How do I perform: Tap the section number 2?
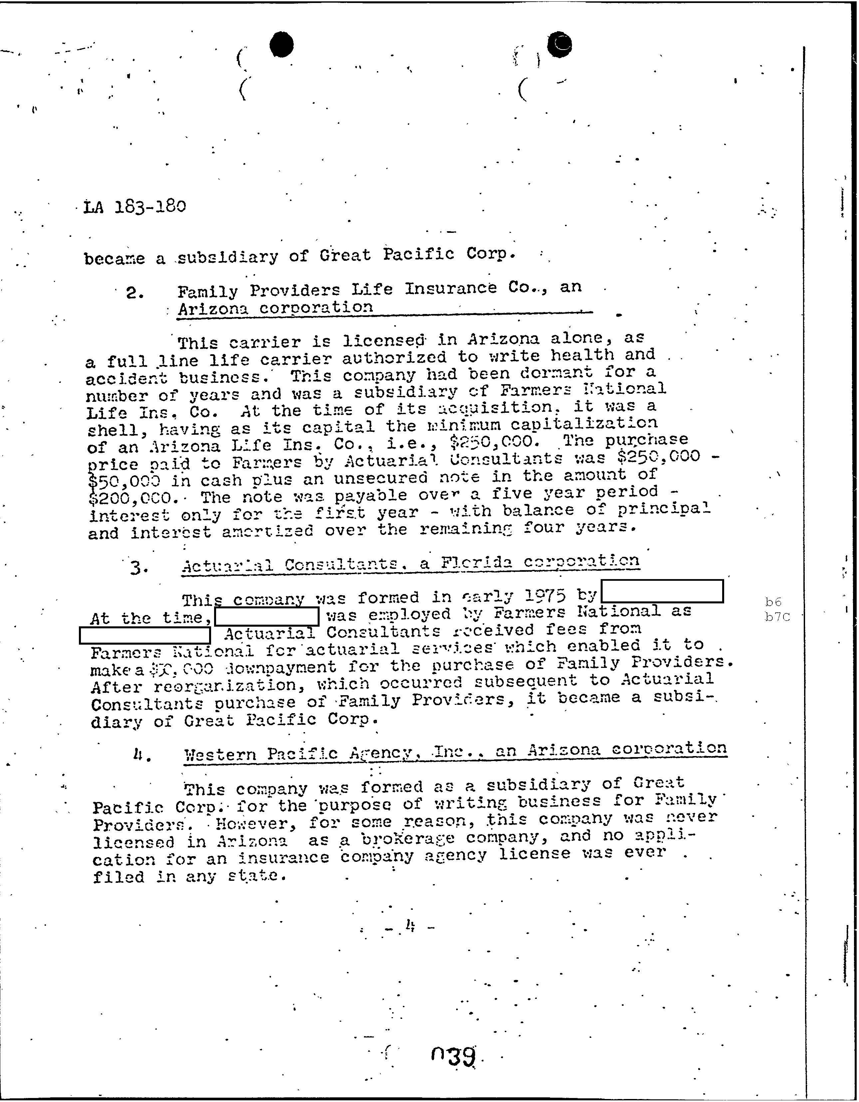point(135,293)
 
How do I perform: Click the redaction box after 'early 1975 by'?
point(663,591)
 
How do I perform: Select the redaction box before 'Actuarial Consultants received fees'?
point(145,635)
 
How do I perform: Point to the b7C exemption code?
point(777,617)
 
